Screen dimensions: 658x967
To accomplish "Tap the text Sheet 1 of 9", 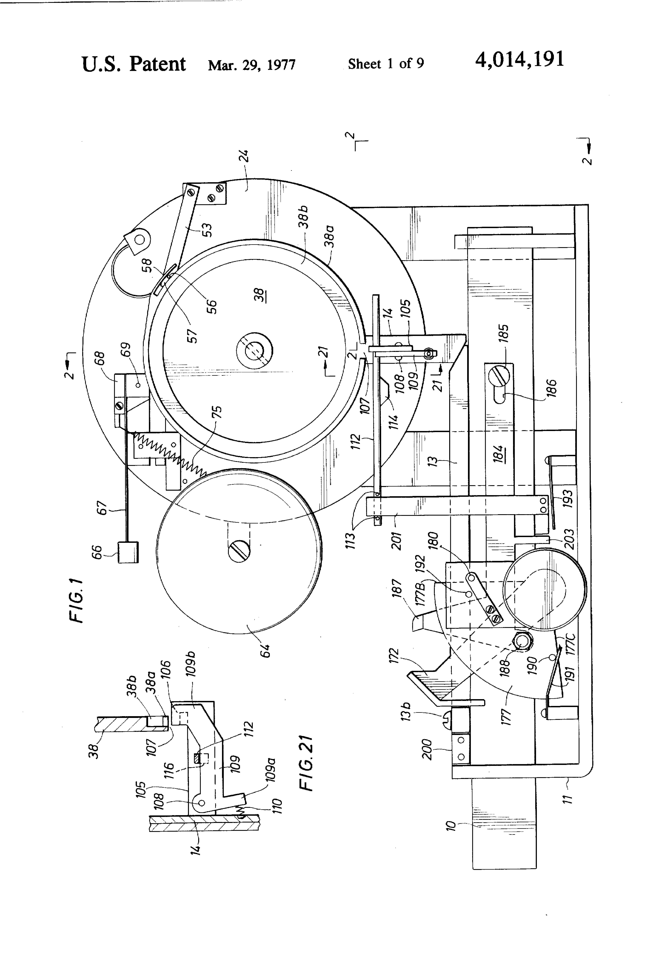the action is [x=386, y=64].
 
